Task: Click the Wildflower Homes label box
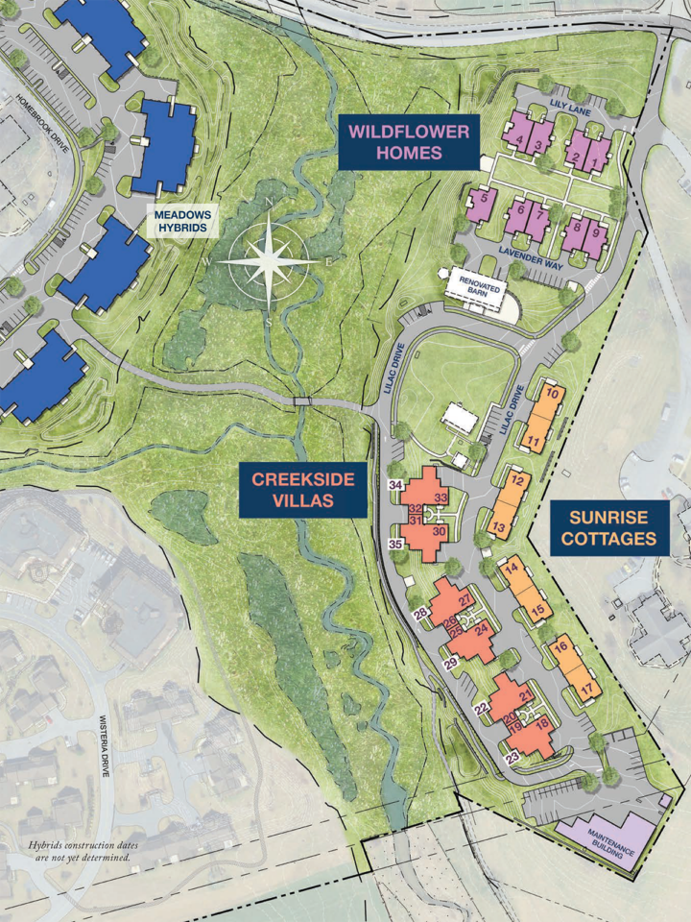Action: pos(408,142)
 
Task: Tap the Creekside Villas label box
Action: pos(303,489)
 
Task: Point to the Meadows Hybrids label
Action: pos(184,222)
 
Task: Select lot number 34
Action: pos(394,484)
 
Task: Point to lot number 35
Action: pos(395,545)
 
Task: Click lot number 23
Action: pos(512,758)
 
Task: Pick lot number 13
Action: pos(499,528)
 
